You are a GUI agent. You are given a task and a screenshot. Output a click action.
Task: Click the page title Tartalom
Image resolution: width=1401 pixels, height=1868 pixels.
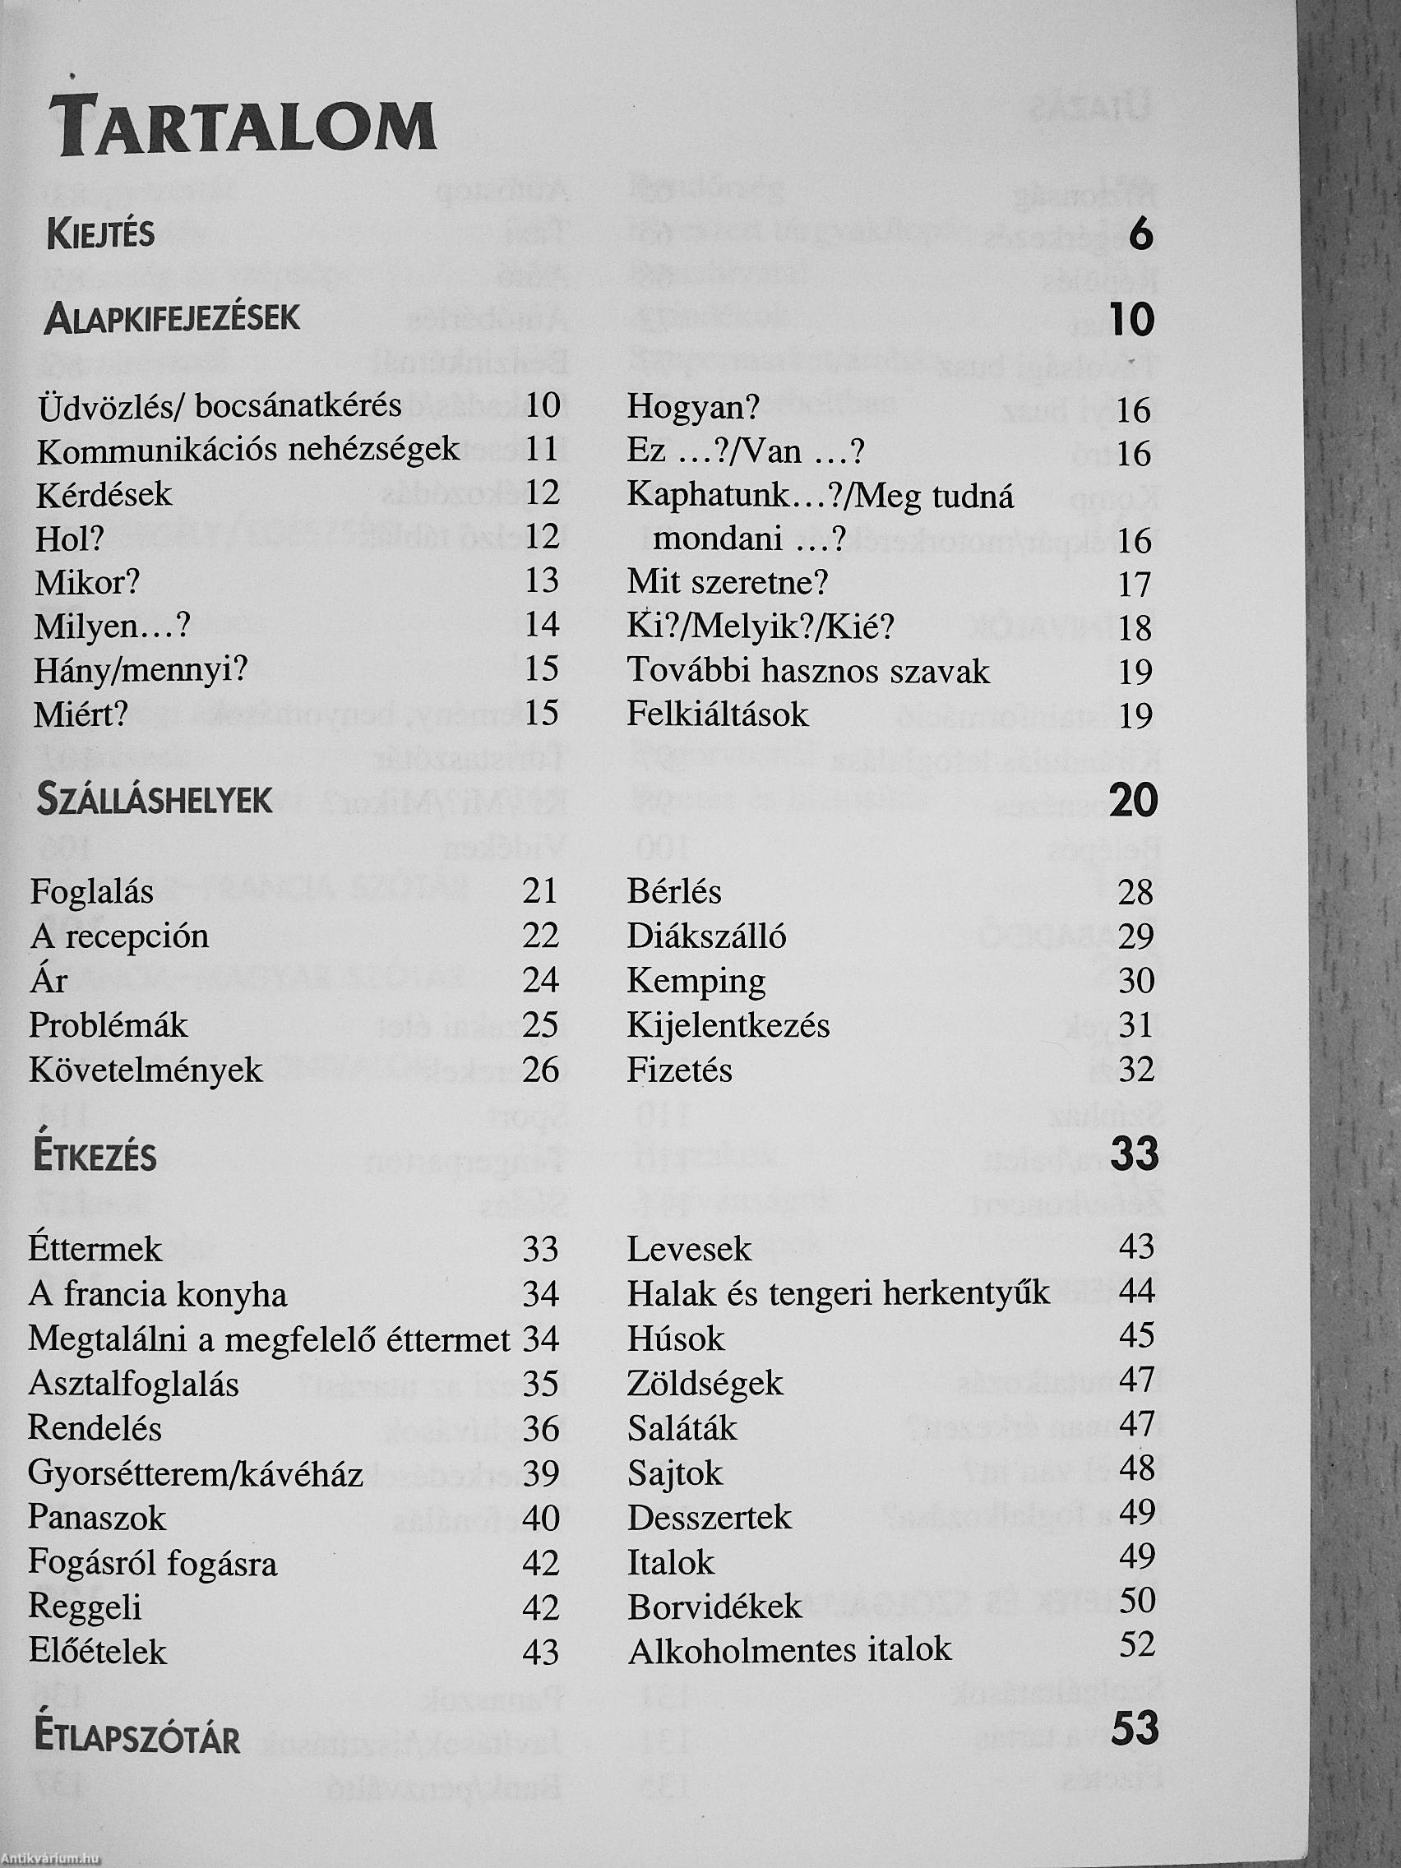pyautogui.click(x=243, y=127)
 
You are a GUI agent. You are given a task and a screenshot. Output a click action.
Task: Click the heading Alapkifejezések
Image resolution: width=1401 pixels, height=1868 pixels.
pyautogui.click(x=173, y=318)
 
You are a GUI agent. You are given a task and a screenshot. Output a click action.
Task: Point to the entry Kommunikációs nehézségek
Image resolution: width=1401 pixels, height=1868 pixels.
pyautogui.click(x=247, y=450)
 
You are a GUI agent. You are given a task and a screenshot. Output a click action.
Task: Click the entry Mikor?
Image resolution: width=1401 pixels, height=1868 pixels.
pyautogui.click(x=87, y=582)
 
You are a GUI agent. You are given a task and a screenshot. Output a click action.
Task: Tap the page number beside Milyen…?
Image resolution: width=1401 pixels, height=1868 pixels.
pyautogui.click(x=541, y=625)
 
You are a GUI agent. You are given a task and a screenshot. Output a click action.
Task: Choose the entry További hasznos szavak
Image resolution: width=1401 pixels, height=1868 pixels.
pyautogui.click(x=807, y=672)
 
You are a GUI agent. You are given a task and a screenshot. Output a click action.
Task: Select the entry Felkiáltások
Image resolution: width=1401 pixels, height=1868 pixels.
pyautogui.click(x=718, y=715)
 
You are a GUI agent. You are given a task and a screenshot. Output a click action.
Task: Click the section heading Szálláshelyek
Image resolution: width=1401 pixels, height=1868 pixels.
pyautogui.click(x=155, y=800)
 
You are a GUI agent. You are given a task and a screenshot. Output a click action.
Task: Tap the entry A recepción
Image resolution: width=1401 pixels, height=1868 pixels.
pyautogui.click(x=119, y=936)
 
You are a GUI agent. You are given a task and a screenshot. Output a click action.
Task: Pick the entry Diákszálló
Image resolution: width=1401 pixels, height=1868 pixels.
pyautogui.click(x=706, y=936)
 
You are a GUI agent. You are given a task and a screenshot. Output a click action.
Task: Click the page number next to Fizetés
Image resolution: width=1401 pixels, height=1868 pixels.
pyautogui.click(x=1135, y=1070)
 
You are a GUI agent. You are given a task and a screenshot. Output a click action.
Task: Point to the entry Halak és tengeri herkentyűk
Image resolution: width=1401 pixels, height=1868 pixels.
pyautogui.click(x=838, y=1293)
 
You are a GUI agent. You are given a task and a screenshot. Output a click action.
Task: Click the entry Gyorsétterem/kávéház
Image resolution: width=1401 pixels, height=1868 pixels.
pyautogui.click(x=195, y=1473)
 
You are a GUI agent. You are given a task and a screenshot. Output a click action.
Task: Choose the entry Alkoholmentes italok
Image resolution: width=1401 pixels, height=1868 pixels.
pyautogui.click(x=788, y=1649)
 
